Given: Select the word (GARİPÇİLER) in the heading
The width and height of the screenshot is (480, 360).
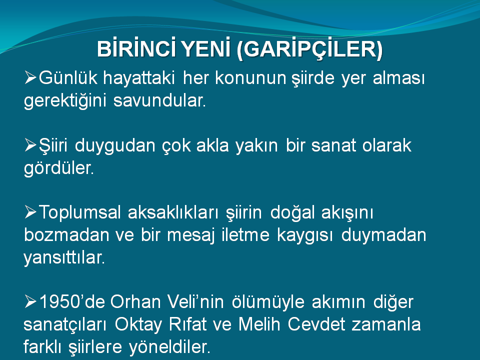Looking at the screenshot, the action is pyautogui.click(x=309, y=49).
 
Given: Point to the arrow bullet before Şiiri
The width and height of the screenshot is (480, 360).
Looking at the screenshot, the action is pyautogui.click(x=30, y=145).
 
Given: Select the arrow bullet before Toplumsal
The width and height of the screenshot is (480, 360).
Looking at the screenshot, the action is pyautogui.click(x=30, y=212).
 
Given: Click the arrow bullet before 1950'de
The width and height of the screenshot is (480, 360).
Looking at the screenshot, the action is pyautogui.click(x=30, y=301).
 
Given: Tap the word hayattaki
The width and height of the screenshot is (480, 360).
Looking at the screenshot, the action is pyautogui.click(x=139, y=78).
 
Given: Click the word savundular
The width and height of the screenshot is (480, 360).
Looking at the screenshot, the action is pyautogui.click(x=159, y=100).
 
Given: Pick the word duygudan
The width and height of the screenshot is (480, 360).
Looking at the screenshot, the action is pyautogui.click(x=115, y=145).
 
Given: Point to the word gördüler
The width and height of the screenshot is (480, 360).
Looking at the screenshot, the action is pyautogui.click(x=59, y=168).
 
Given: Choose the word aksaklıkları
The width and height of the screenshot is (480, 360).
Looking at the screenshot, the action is pyautogui.click(x=173, y=212).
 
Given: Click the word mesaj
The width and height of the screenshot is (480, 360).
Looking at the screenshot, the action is pyautogui.click(x=190, y=235).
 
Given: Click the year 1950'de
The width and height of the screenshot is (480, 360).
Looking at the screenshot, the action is pyautogui.click(x=72, y=301).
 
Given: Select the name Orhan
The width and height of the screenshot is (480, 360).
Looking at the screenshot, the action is pyautogui.click(x=135, y=301).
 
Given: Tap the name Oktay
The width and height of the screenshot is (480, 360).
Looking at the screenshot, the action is pyautogui.click(x=138, y=324).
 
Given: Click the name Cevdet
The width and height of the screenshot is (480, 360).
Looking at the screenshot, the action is pyautogui.click(x=316, y=324).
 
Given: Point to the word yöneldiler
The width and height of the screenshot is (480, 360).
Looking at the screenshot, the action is pyautogui.click(x=169, y=347).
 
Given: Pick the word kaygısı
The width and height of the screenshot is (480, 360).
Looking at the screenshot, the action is pyautogui.click(x=304, y=235).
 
